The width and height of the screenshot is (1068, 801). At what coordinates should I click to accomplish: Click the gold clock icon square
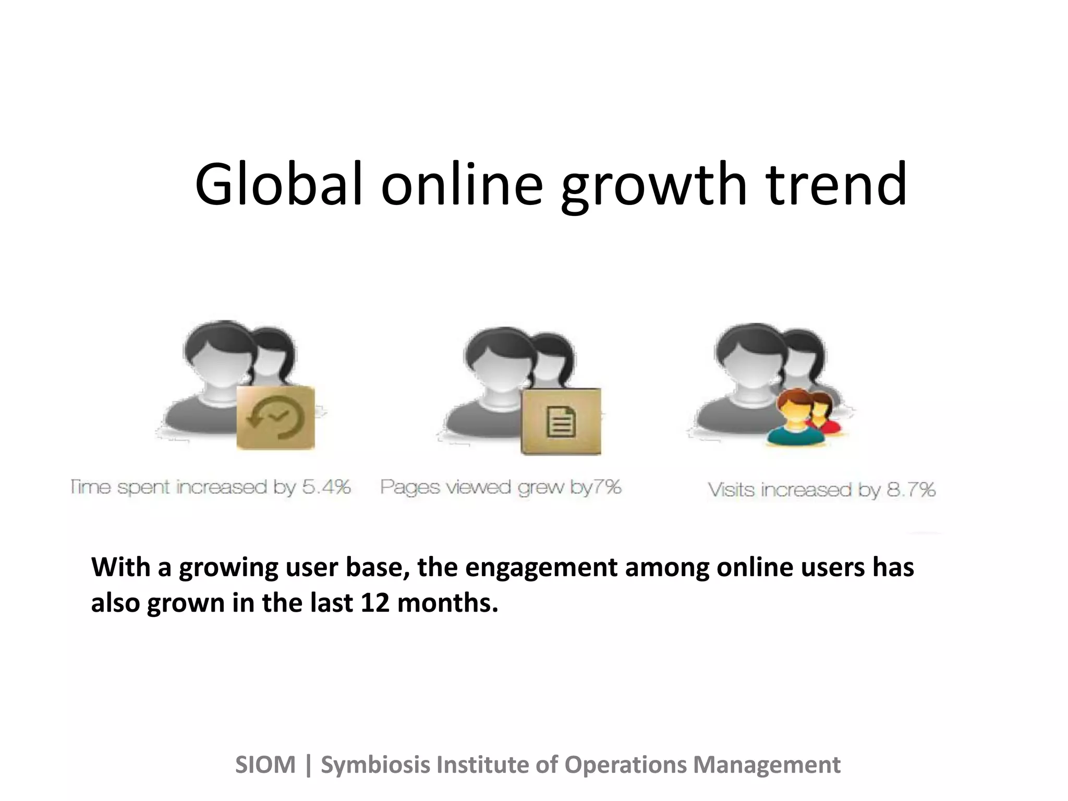(x=275, y=417)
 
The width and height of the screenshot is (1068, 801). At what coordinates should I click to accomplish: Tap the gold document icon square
(x=561, y=421)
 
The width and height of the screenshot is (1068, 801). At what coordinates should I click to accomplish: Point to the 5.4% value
(x=326, y=487)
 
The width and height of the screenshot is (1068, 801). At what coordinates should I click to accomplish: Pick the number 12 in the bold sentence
(x=374, y=603)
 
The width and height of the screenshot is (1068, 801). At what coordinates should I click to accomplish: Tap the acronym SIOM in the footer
(x=265, y=765)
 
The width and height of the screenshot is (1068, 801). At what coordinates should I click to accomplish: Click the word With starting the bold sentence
(x=120, y=567)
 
